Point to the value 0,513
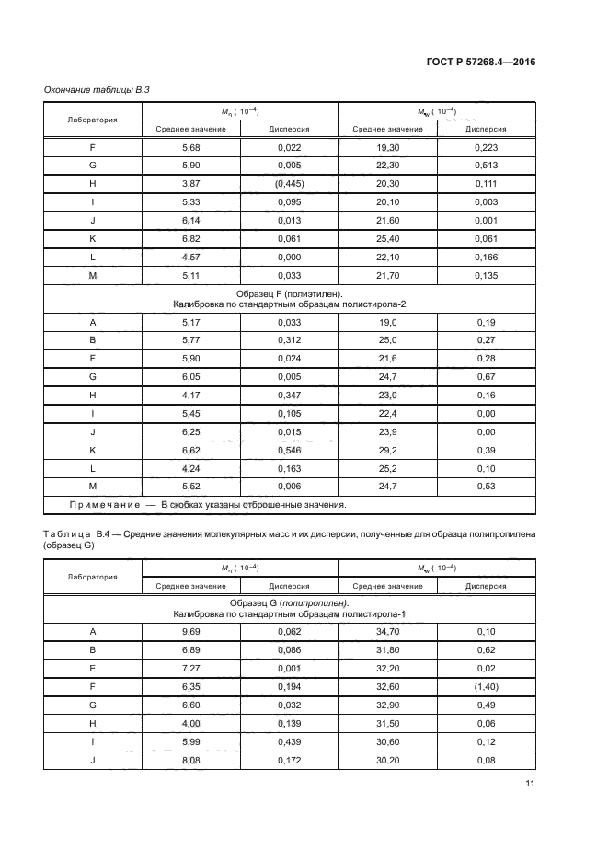[487, 166]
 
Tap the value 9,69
[190, 631]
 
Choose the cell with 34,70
[387, 631]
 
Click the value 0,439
[289, 741]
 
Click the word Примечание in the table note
[102, 505]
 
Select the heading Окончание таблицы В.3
[91, 88]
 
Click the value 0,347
[289, 396]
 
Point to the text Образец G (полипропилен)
[291, 602]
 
